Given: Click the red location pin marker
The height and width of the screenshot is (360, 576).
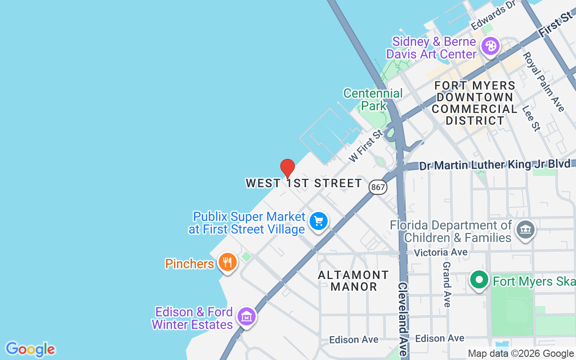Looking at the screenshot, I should [288, 169].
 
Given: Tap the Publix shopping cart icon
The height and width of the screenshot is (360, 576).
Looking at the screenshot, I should [319, 221].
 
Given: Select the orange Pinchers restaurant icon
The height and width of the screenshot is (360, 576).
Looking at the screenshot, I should [227, 262].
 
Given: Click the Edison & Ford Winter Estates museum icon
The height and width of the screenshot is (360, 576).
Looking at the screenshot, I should [246, 316].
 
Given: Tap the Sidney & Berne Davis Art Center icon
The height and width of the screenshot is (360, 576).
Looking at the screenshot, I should [490, 46].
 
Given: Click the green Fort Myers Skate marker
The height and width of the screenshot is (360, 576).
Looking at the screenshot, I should [479, 280].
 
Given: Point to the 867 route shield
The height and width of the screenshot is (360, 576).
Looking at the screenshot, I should [378, 187].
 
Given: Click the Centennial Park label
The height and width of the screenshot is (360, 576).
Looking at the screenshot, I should [373, 99].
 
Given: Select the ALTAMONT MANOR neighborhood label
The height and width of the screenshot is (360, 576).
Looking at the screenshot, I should [354, 280].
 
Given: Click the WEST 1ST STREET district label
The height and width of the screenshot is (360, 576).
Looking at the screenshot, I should [304, 183].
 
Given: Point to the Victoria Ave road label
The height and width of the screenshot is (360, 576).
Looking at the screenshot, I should [441, 252].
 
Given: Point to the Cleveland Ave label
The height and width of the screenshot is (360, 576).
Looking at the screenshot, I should [403, 319].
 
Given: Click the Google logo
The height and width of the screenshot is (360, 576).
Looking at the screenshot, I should [30, 349].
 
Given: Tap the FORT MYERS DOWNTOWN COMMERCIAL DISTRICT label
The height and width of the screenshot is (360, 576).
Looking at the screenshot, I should [475, 103].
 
